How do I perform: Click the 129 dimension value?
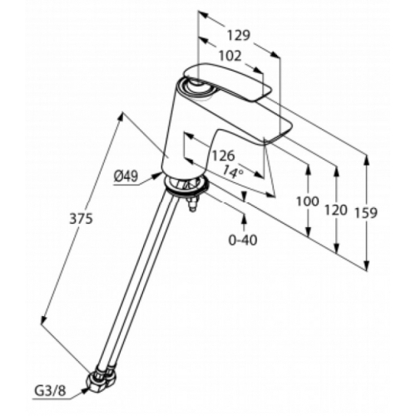pos(239,36)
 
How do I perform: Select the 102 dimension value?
pos(230,57)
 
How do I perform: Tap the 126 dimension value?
pos(224,156)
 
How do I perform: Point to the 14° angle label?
pos(233,172)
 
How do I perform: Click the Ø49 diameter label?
pos(126,176)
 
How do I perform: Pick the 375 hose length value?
pos(81,219)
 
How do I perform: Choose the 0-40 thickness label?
pos(243,240)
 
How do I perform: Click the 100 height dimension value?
pos(308,201)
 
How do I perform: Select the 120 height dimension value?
pos(336,210)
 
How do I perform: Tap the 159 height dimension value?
pos(366,213)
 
